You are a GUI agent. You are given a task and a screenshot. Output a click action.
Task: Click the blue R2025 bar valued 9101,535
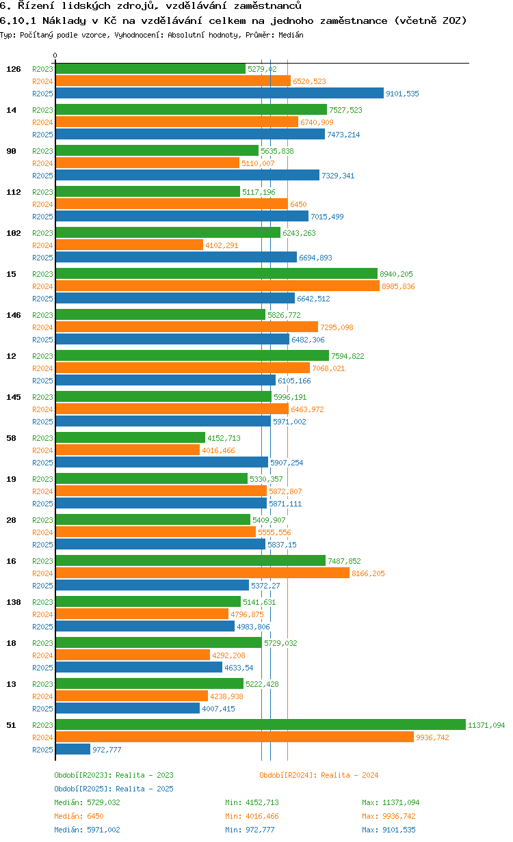point(219,94)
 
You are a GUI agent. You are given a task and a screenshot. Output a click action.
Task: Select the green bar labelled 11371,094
point(260,724)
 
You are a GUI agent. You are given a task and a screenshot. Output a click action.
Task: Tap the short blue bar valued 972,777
point(73,749)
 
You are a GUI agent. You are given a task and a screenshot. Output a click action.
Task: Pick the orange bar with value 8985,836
point(217,286)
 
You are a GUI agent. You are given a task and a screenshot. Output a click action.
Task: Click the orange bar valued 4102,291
point(129,245)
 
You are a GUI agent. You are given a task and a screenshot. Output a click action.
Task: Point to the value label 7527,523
point(345,110)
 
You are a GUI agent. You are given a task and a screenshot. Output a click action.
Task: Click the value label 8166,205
point(368,573)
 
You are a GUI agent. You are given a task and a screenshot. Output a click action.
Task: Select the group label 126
point(14,69)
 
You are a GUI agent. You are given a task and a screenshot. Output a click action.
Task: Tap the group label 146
point(14,315)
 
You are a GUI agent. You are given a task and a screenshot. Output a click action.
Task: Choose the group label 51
point(11,725)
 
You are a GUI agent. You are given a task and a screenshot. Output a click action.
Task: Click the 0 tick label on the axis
point(55,55)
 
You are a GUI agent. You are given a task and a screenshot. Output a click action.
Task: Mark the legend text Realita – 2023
point(144,775)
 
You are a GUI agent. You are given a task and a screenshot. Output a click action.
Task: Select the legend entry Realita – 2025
point(144,789)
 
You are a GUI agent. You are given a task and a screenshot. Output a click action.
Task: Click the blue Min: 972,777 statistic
point(252,830)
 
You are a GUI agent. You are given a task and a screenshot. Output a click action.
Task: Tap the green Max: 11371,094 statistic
point(391,802)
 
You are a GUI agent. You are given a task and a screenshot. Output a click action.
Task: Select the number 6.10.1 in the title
point(18,21)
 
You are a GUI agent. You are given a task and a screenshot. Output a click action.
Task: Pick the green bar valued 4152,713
point(130,437)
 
